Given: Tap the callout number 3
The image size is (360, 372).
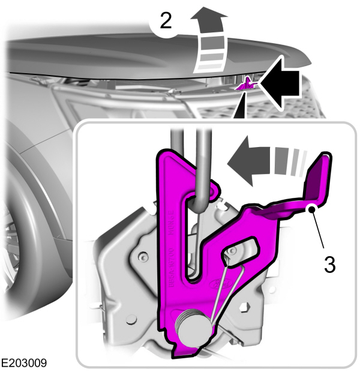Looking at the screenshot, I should click(x=329, y=265).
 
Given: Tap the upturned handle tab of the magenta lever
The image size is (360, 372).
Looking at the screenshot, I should click(x=318, y=180).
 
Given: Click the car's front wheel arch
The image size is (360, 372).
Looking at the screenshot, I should click(x=30, y=198).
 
